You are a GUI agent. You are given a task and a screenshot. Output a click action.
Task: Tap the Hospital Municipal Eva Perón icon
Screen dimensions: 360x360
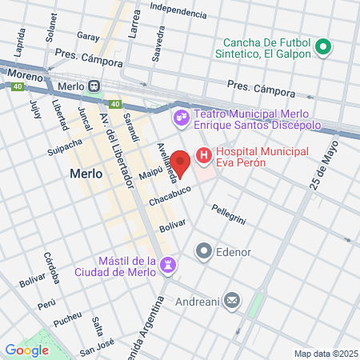click(x=204, y=155)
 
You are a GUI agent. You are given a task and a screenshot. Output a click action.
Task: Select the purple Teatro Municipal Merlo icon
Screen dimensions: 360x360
click(x=182, y=118)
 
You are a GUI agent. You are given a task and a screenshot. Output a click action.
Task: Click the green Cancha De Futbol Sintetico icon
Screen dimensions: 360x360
click(x=324, y=48)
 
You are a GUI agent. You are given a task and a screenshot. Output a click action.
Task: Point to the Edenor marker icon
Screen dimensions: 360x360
click(x=204, y=252)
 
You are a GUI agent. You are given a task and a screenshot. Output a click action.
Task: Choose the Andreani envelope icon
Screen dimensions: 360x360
click(x=232, y=300)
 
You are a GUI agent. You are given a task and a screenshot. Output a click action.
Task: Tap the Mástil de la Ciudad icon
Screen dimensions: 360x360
click(x=169, y=265)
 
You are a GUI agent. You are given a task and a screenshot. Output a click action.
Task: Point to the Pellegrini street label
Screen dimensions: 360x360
click(x=229, y=213)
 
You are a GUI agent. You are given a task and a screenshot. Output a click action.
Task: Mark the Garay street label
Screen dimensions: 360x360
click(x=88, y=36)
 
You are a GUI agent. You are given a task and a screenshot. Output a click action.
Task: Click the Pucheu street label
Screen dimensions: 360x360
click(x=67, y=324)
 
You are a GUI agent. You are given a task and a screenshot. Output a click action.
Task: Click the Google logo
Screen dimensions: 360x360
click(x=26, y=350)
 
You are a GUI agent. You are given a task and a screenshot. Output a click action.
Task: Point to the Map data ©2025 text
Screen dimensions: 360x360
click(x=325, y=354)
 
